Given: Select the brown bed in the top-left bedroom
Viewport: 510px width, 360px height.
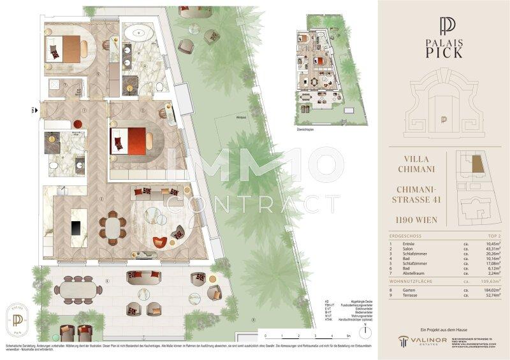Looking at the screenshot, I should click(x=64, y=47).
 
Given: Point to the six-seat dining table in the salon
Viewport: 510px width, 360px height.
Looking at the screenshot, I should click(x=112, y=226).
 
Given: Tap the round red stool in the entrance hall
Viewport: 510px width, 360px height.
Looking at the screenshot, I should click(x=78, y=123).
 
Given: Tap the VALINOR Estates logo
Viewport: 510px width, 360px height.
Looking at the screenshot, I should click(x=421, y=342).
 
